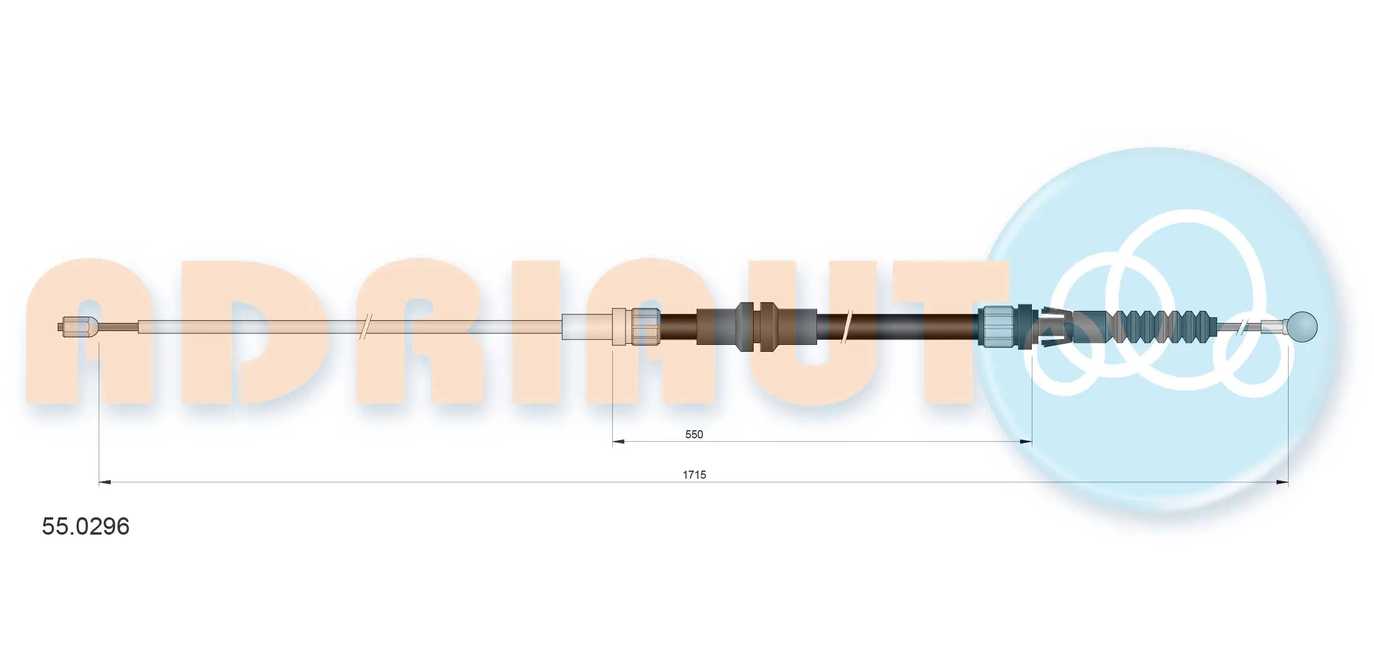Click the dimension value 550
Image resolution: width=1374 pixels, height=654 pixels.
pos(694,434)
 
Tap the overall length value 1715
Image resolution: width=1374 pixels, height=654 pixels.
pos(694,475)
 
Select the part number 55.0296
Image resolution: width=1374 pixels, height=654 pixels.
pos(86,527)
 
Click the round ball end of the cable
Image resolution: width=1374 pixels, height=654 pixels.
pos(1302,326)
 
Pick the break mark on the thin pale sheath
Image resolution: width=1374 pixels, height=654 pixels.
pos(365,327)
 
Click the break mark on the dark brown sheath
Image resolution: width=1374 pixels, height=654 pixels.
pos(847,327)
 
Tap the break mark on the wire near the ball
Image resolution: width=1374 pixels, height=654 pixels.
pos(1241,327)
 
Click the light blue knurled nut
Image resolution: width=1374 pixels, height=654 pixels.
pos(996,327)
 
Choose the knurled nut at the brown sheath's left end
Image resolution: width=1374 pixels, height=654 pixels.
pos(645,327)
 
